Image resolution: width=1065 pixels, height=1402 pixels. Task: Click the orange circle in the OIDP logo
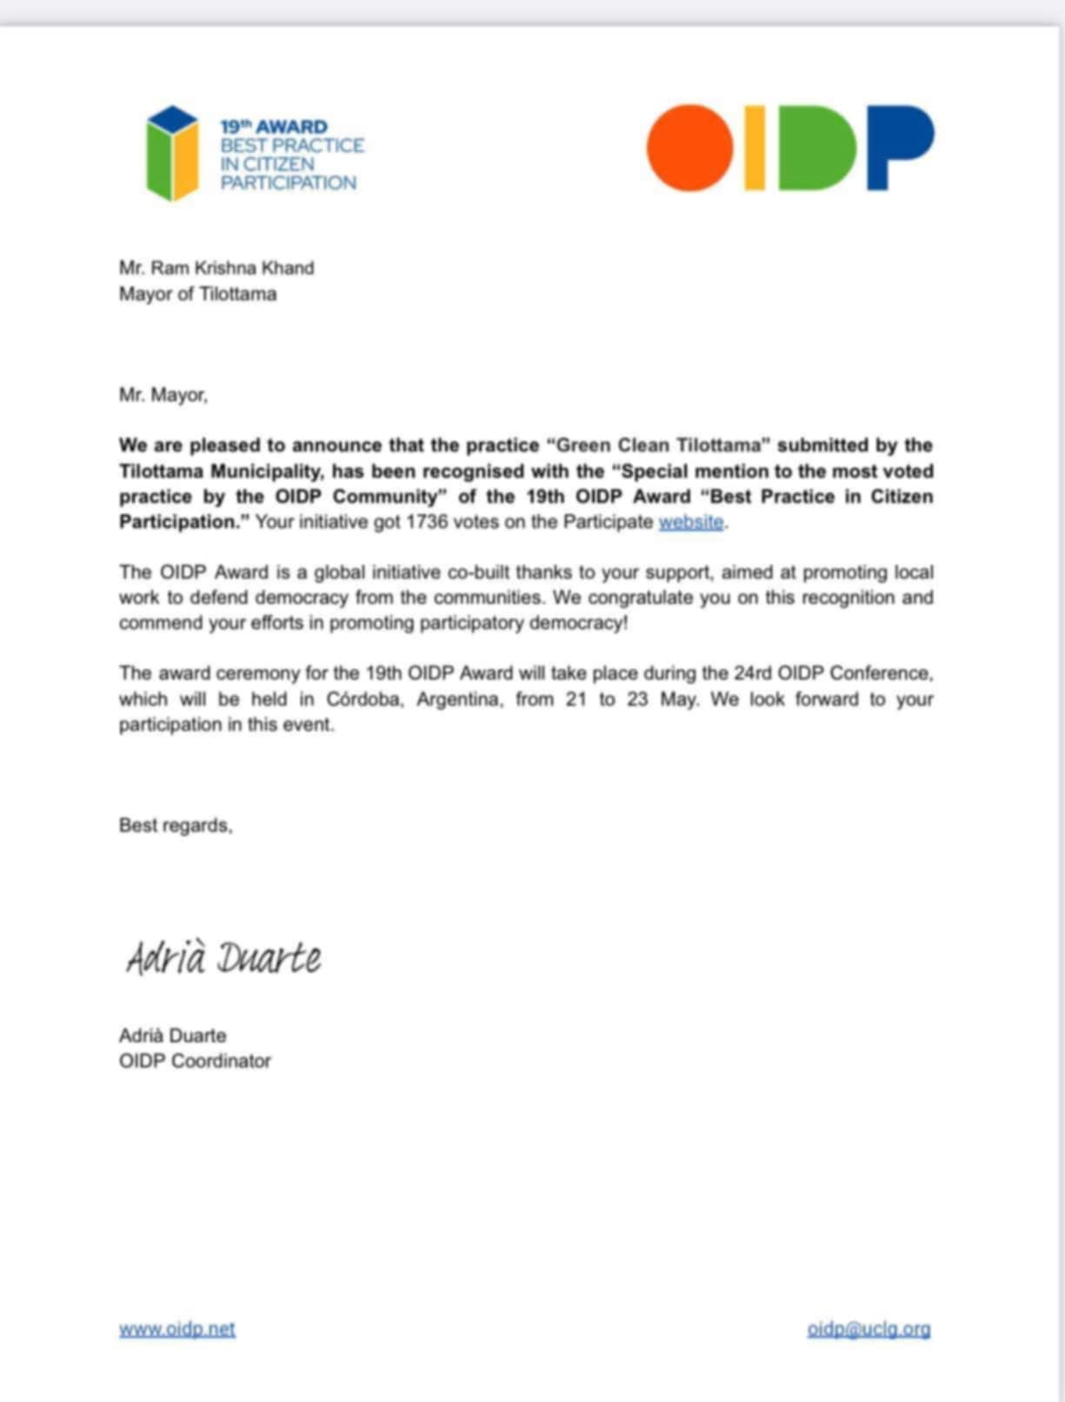pos(689,148)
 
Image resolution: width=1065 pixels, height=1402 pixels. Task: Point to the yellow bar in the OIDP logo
pos(755,148)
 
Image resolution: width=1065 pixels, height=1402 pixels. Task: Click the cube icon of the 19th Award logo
pos(172,154)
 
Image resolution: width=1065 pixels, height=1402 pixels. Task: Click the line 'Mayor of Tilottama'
pos(197,294)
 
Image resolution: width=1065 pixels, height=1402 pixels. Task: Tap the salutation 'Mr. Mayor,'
pos(163,395)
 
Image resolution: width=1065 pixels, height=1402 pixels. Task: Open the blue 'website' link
pos(691,522)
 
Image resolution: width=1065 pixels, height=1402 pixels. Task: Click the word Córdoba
pos(365,699)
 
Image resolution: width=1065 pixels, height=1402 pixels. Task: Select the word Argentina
pos(459,699)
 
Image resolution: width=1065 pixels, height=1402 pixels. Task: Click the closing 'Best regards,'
pos(176,825)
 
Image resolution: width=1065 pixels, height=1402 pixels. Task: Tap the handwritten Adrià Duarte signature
pos(224,958)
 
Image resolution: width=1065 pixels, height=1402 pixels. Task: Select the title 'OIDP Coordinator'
pos(195,1061)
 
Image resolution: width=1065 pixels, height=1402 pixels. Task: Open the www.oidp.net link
pos(177,1329)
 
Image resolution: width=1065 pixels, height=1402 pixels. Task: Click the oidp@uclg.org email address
pos(869,1329)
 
